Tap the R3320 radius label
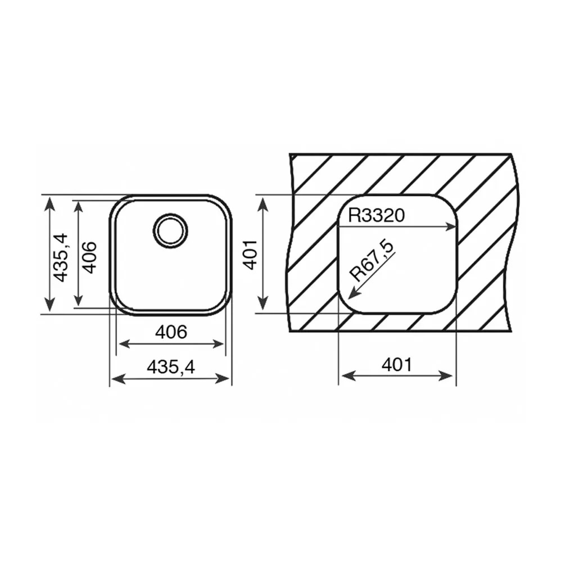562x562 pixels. click(377, 215)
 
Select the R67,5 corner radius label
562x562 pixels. click(371, 261)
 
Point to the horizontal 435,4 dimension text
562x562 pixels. click(171, 366)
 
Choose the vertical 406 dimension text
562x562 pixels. click(89, 257)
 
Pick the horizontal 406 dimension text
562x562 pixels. click(171, 332)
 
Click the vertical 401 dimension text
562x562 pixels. click(251, 255)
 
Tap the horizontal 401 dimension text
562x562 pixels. click(397, 365)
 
